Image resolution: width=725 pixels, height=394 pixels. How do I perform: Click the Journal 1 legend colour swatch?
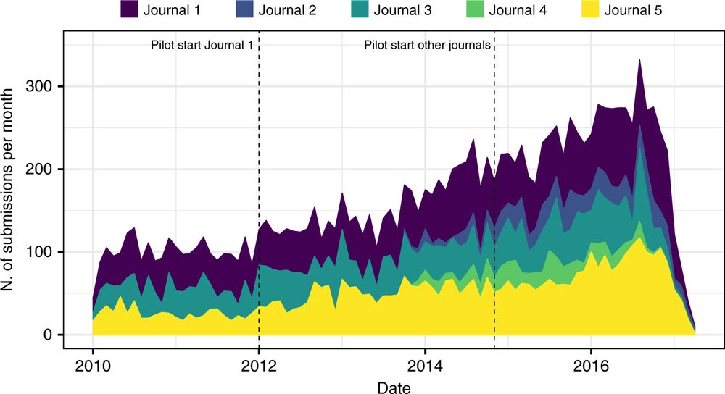[x=130, y=11]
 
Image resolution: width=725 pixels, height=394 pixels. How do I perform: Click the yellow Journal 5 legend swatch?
[x=592, y=11]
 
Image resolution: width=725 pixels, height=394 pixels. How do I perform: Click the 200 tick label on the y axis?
[x=45, y=169]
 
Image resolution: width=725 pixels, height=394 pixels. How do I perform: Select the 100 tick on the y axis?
[x=45, y=252]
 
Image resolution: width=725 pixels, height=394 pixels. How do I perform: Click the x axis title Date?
[x=394, y=386]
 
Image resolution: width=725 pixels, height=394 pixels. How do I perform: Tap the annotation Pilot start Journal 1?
[x=202, y=45]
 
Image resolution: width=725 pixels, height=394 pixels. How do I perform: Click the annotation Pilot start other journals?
[x=428, y=45]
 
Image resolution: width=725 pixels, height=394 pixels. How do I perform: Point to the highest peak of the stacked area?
[x=639, y=61]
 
